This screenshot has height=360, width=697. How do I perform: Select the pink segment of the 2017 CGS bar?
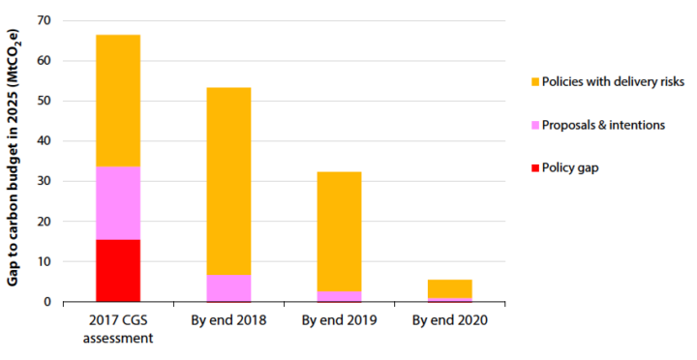(117, 203)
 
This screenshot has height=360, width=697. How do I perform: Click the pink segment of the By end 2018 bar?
(228, 287)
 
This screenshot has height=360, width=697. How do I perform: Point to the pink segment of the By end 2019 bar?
(339, 296)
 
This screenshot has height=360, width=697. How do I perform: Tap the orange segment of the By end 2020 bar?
(449, 288)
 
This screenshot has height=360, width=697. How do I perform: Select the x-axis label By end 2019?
(339, 320)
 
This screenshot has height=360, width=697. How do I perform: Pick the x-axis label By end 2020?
(449, 320)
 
